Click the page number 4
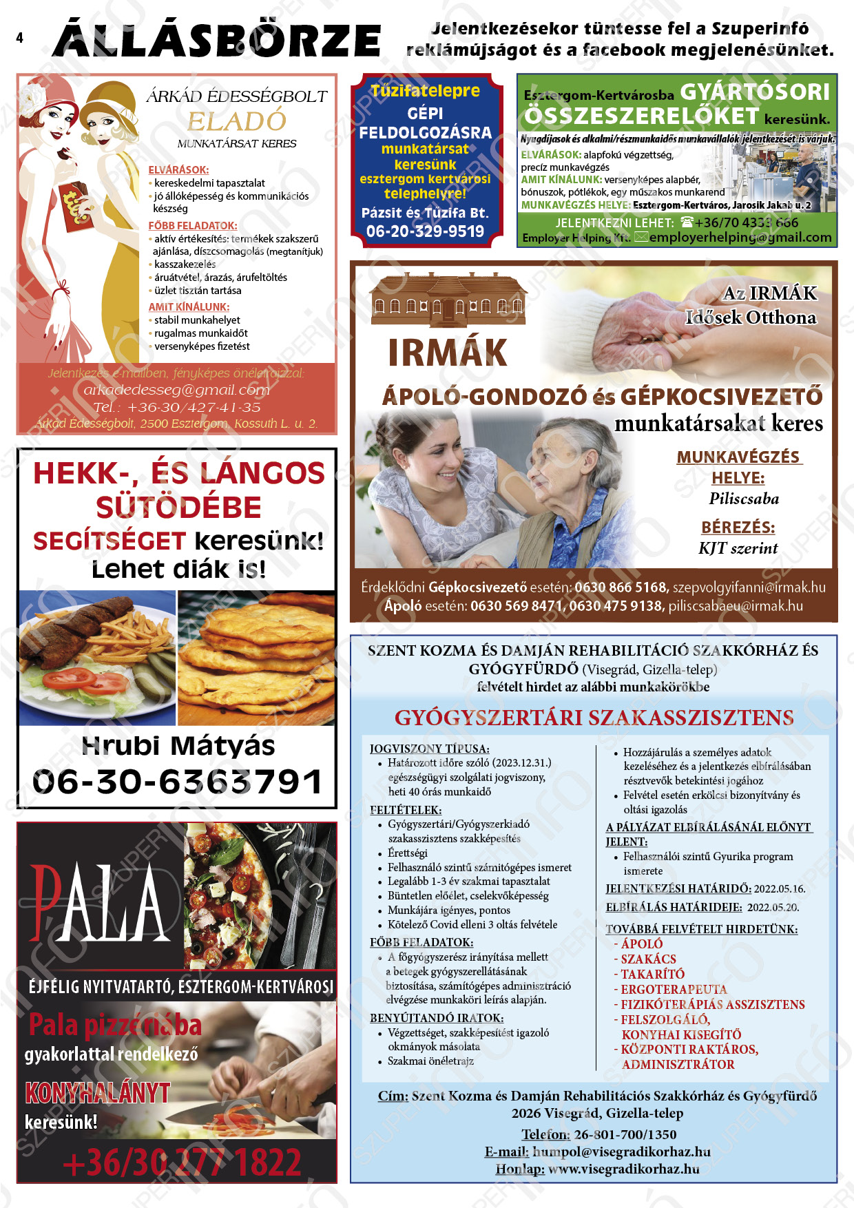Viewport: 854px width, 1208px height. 19,38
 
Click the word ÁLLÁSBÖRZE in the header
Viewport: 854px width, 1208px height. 216,40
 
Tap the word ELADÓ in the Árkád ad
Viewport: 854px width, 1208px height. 237,121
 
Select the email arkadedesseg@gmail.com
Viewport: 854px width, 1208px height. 176,390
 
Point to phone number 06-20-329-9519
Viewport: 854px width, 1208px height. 425,231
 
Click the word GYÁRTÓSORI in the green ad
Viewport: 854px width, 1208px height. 755,92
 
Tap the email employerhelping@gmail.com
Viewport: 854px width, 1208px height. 740,238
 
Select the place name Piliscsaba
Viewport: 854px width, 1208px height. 744,499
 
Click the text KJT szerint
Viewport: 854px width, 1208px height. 738,548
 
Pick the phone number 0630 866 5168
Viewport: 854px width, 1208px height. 621,587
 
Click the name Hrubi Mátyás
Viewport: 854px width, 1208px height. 178,746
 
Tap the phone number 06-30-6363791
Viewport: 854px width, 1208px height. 177,782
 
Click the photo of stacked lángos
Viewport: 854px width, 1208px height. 256,658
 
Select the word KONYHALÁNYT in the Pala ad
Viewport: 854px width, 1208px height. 97,1093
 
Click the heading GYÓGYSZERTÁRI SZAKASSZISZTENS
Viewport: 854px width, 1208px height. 594,718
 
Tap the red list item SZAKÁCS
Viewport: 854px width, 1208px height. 648,959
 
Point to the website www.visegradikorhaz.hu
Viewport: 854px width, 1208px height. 624,1169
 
